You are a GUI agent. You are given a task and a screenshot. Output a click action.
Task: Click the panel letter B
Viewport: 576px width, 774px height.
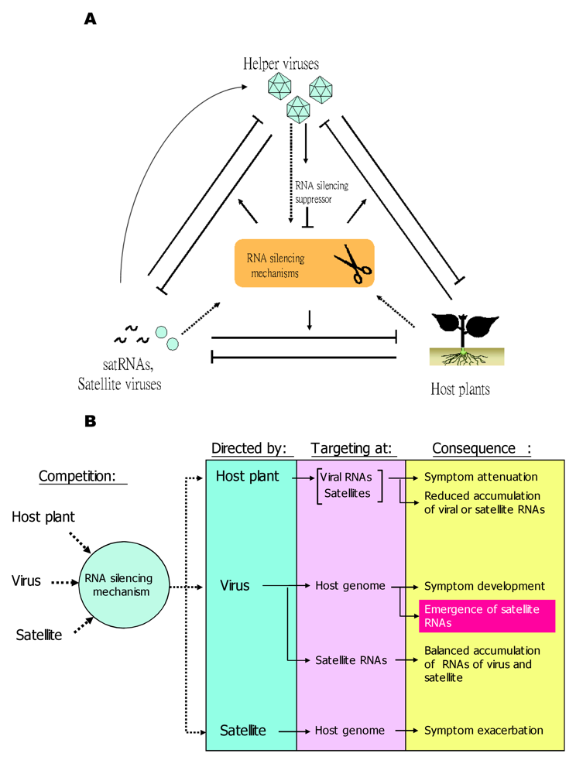pyautogui.click(x=91, y=422)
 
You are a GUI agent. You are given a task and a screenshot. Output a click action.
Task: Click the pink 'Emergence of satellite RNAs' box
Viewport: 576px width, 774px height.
pyautogui.click(x=486, y=615)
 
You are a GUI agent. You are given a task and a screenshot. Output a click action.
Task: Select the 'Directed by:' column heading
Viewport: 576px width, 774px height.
pyautogui.click(x=249, y=449)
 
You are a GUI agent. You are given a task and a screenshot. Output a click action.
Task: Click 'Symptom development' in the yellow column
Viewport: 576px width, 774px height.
pyautogui.click(x=484, y=586)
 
